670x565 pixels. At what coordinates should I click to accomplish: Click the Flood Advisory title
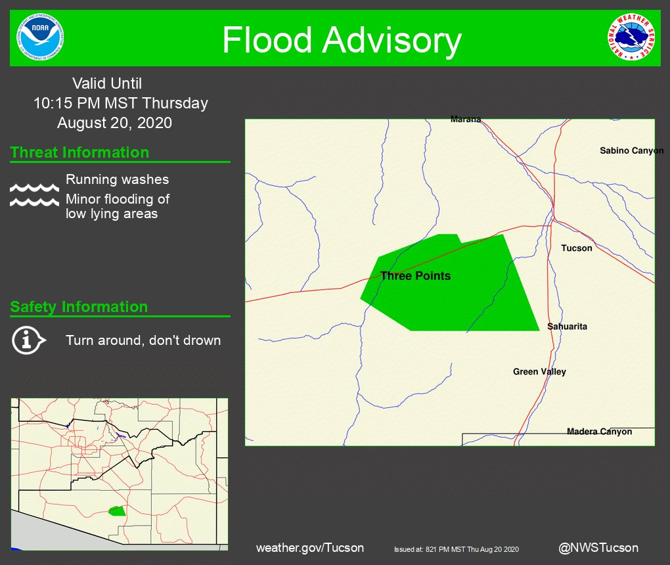pos(342,40)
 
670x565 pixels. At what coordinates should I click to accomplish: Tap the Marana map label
pos(466,120)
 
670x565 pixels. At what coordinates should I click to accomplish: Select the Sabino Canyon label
pos(631,151)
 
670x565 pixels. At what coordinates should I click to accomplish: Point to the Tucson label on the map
pos(577,248)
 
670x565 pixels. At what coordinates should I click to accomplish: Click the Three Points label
pos(415,276)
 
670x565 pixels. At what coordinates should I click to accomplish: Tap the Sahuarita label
pos(567,327)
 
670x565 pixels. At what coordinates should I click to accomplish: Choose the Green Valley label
pos(539,372)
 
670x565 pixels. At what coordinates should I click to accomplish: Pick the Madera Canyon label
pos(599,432)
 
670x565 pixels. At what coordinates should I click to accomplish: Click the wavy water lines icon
pos(34,195)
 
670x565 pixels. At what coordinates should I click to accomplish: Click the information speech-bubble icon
pos(28,340)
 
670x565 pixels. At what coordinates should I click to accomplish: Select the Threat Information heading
pos(79,152)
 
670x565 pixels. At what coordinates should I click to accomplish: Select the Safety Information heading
pos(79,307)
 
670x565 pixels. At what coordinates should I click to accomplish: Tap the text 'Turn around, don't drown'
pos(143,340)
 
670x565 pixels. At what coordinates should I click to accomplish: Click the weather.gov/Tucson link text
pos(309,548)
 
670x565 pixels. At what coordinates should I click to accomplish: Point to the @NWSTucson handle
pos(598,548)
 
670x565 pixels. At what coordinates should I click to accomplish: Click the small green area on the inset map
pos(117,510)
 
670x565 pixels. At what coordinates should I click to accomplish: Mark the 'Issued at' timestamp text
pos(457,549)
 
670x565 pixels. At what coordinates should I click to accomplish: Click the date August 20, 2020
pos(114,123)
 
